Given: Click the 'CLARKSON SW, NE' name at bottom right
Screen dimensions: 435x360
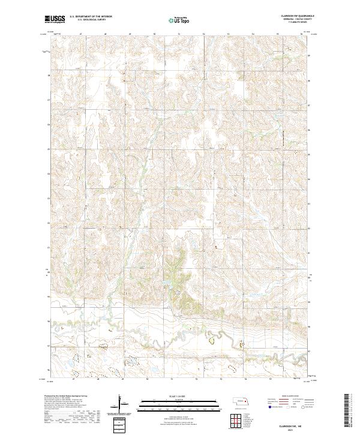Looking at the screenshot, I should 296,424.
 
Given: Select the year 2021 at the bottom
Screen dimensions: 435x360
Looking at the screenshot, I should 296,428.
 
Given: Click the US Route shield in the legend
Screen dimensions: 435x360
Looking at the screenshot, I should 290,406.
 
